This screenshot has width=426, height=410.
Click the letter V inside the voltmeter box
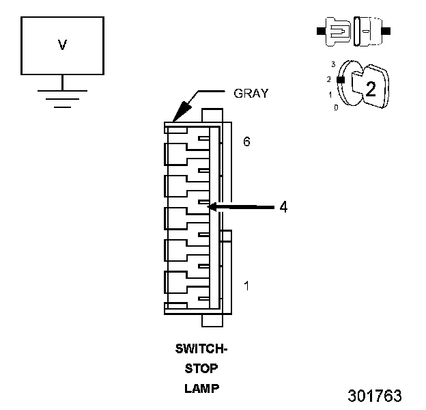tap(62, 45)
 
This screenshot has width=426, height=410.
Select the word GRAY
tap(251, 94)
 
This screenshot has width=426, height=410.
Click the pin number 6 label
tap(246, 142)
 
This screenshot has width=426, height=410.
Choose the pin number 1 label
tap(246, 286)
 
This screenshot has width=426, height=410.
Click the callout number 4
tap(283, 206)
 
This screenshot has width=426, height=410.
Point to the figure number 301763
tap(374, 396)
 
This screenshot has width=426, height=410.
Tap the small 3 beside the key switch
tap(332, 64)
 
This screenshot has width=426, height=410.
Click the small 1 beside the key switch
tap(330, 94)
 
